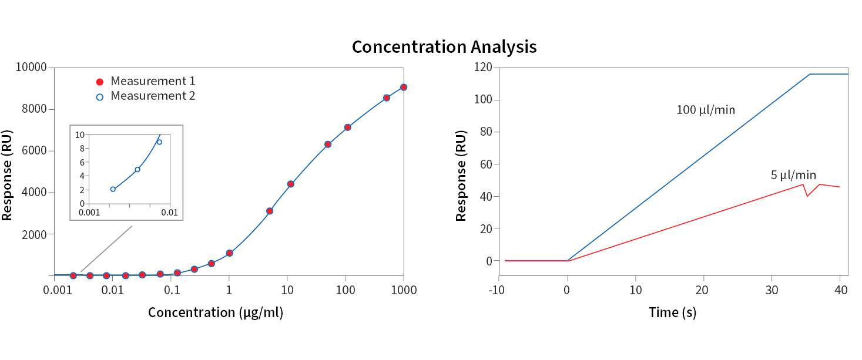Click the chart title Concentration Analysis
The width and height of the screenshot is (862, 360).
(x=444, y=47)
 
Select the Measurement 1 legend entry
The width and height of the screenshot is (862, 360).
(x=153, y=81)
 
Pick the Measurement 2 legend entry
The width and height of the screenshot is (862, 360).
(x=153, y=96)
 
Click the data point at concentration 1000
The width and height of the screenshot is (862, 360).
(x=404, y=87)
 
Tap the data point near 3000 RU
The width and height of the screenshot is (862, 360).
(x=270, y=211)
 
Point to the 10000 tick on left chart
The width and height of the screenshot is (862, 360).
(x=32, y=68)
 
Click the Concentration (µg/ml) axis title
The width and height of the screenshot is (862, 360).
(x=215, y=312)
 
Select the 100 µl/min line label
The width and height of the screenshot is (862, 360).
(x=706, y=110)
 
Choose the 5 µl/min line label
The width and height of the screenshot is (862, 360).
(x=793, y=175)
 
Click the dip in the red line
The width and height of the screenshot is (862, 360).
(x=807, y=196)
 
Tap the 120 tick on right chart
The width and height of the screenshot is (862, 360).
(x=484, y=68)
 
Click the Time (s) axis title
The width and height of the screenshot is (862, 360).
(x=672, y=312)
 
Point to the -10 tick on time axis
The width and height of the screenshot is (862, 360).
(x=499, y=289)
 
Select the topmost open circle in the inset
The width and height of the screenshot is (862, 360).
(x=159, y=142)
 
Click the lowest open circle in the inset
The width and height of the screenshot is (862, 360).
(x=113, y=189)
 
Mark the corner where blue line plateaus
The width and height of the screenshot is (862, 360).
(x=810, y=74)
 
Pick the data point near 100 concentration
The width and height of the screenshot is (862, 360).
(x=347, y=127)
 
